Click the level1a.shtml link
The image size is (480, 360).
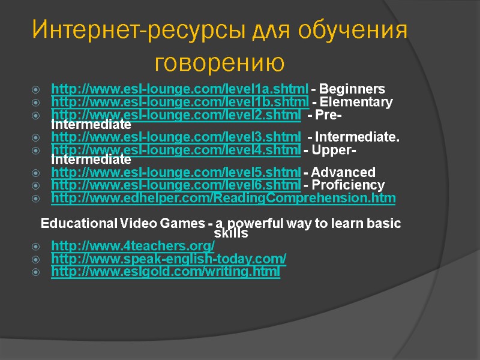click(x=180, y=89)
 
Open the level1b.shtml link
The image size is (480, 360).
click(x=180, y=101)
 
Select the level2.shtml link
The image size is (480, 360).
click(x=176, y=114)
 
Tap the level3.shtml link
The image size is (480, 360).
click(x=176, y=137)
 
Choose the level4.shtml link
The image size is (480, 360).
click(x=176, y=149)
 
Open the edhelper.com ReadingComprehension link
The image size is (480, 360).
click(x=223, y=197)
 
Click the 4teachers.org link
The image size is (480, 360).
click(x=133, y=246)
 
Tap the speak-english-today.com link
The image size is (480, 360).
click(x=169, y=259)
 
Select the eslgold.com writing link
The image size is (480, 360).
click(x=166, y=272)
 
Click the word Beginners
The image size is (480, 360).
click(x=353, y=89)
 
